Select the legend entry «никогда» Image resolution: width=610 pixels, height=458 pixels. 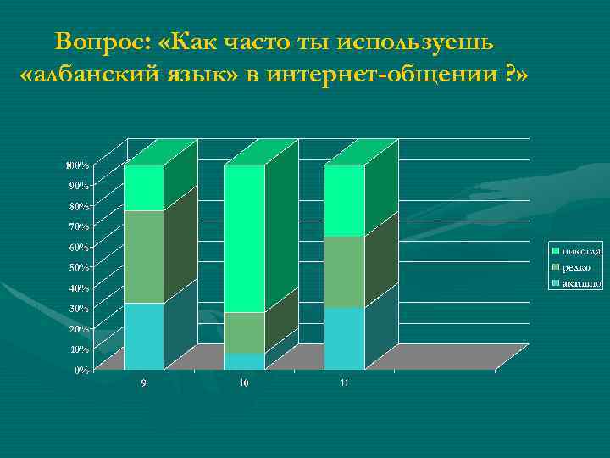pyautogui.click(x=580, y=251)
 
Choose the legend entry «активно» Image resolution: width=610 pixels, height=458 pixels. pyautogui.click(x=580, y=283)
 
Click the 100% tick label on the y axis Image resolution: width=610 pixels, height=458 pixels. pyautogui.click(x=79, y=165)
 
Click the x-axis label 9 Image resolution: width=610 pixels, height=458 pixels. pyautogui.click(x=143, y=384)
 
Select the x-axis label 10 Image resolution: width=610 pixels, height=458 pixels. pyautogui.click(x=244, y=384)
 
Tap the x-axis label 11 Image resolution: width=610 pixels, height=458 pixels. pyautogui.click(x=344, y=384)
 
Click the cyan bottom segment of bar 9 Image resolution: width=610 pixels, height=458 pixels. pyautogui.click(x=143, y=336)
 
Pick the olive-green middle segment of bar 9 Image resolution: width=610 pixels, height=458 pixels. pyautogui.click(x=143, y=256)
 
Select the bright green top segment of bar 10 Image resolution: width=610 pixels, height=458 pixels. pyautogui.click(x=244, y=238)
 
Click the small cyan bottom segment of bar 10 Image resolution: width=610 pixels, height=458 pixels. pyautogui.click(x=244, y=361)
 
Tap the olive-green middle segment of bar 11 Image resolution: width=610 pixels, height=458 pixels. pyautogui.click(x=344, y=271)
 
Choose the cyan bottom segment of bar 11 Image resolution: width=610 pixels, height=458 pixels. pyautogui.click(x=344, y=338)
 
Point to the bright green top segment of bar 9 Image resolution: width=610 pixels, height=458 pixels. pyautogui.click(x=143, y=187)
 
